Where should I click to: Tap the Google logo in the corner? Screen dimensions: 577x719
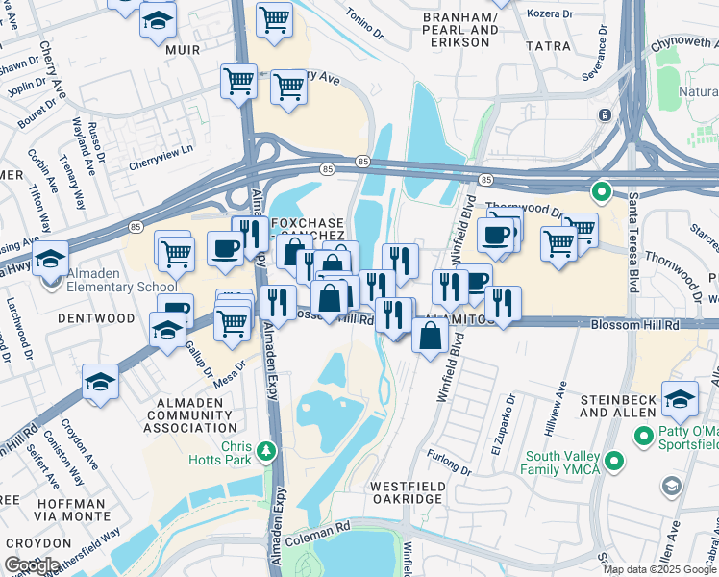click(32, 565)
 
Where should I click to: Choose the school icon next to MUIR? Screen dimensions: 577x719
click(157, 20)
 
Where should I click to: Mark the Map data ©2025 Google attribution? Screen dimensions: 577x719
click(659, 569)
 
